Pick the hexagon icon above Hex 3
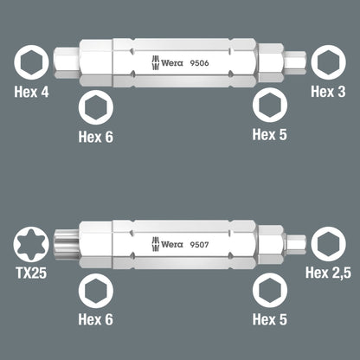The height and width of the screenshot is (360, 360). [329, 62]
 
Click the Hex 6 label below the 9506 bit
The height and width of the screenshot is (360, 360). [95, 137]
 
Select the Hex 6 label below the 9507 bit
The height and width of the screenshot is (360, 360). [95, 319]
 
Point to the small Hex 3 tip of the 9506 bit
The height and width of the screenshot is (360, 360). [294, 61]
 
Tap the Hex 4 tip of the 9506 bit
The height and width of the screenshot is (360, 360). [66, 61]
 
